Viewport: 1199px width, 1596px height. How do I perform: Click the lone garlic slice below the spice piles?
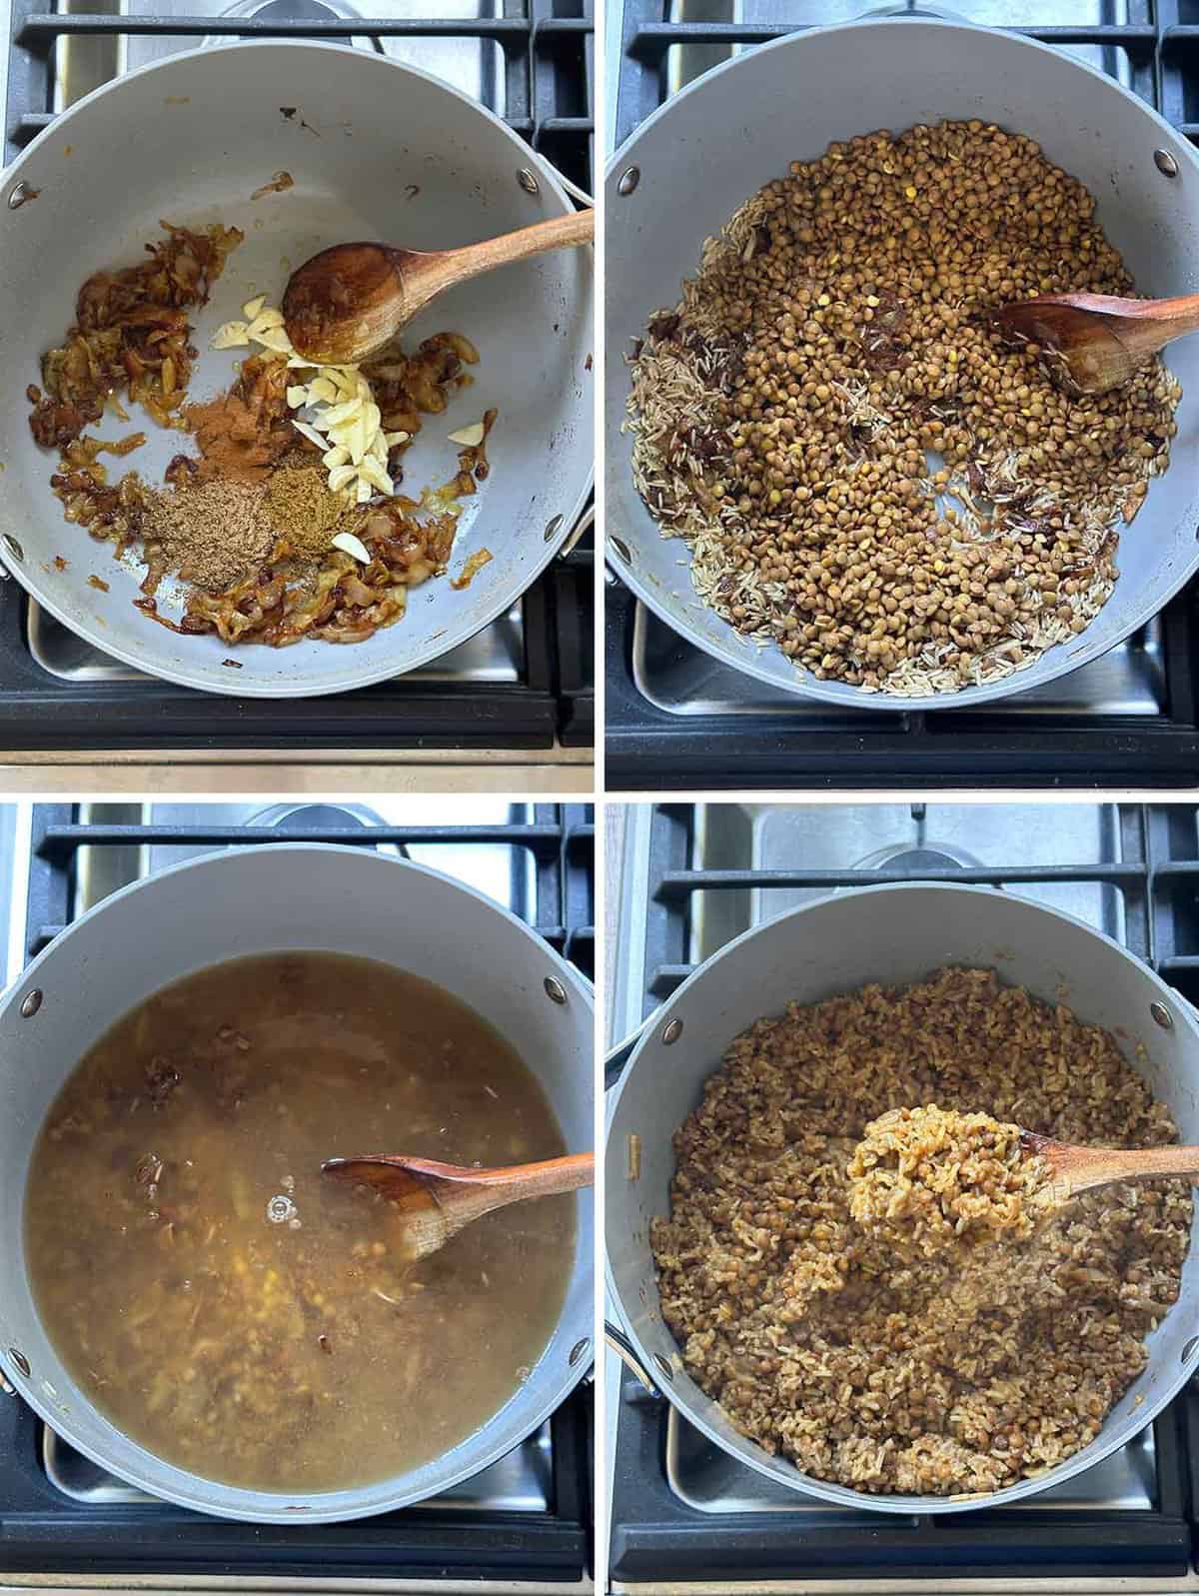(350, 544)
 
